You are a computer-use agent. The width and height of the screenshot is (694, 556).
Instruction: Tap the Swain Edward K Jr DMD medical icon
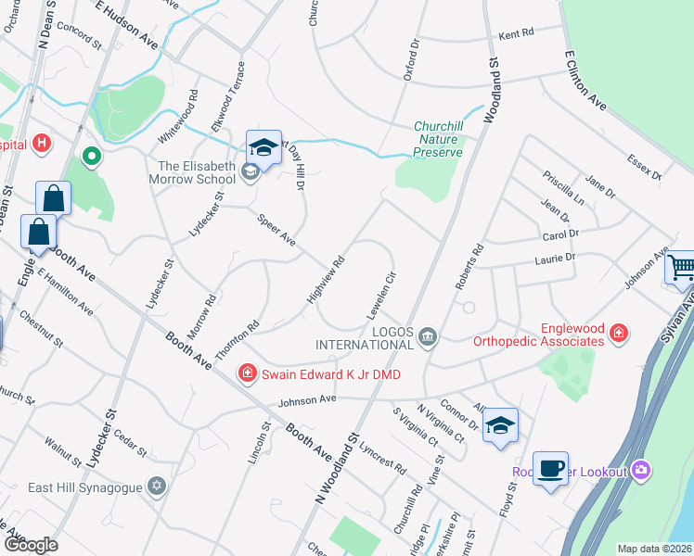click(248, 373)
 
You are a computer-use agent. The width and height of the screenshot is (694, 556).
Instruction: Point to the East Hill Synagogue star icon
click(157, 486)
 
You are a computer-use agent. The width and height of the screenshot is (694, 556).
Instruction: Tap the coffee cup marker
click(550, 468)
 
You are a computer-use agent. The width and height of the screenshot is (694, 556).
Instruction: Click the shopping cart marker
click(681, 269)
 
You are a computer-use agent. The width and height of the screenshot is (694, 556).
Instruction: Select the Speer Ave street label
click(276, 230)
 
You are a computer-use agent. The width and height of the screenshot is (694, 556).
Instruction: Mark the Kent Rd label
click(517, 33)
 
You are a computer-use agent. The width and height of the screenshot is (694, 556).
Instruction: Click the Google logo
click(31, 544)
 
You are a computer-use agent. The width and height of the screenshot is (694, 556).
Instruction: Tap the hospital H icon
click(41, 144)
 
